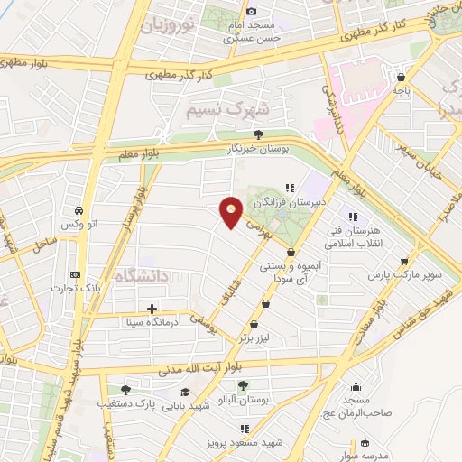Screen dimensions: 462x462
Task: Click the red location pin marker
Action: pyautogui.click(x=232, y=213)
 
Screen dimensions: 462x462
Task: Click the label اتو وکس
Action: pyautogui.click(x=79, y=222)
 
